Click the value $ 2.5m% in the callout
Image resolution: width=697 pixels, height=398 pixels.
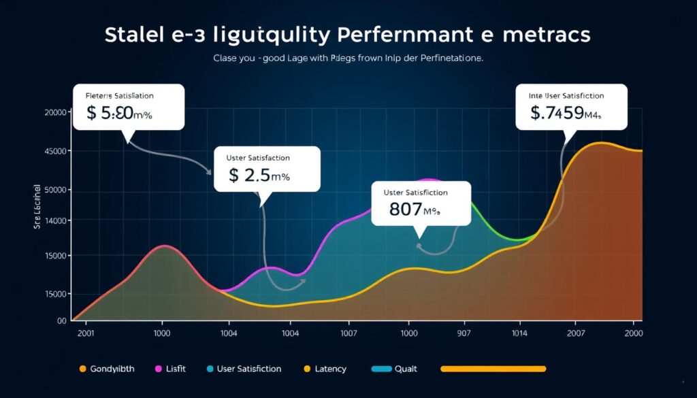tap(259, 176)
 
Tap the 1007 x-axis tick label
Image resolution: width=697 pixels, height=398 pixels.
tap(348, 333)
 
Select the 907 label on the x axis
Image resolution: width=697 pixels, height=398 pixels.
tap(464, 333)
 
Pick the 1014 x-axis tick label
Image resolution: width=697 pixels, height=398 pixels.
tap(520, 333)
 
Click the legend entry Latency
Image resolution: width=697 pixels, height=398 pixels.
tap(329, 369)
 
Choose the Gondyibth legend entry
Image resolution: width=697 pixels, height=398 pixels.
tap(112, 369)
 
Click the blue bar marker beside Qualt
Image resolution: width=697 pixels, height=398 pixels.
tap(382, 369)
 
